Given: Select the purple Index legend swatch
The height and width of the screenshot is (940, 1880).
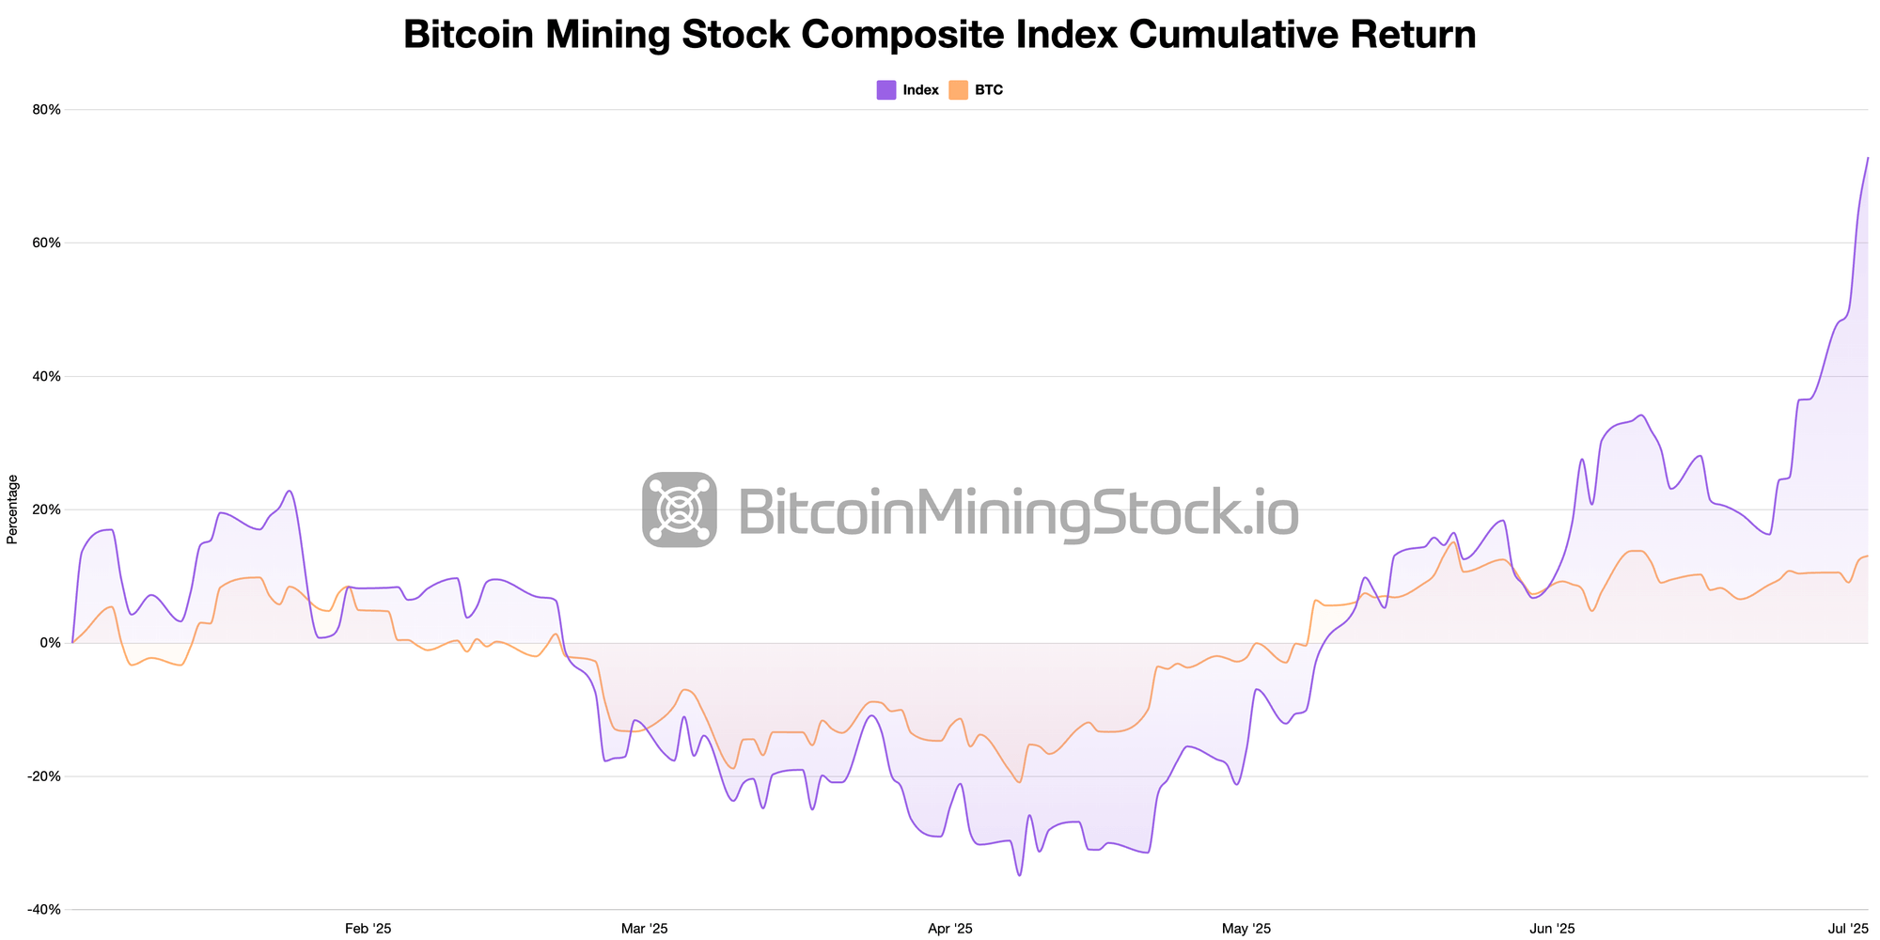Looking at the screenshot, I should point(885,90).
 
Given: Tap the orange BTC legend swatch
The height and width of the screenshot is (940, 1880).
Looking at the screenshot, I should point(958,90).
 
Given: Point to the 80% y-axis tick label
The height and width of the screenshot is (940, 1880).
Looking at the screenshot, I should point(47,110).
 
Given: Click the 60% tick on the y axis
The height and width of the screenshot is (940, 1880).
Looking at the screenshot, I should point(47,243).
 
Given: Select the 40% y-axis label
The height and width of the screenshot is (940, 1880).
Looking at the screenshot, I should point(47,376).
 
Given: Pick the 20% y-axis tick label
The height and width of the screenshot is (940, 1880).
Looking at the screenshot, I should point(47,509).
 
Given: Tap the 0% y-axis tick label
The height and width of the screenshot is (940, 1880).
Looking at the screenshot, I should point(51,643).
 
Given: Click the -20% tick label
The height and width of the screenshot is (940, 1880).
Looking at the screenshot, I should point(45,776).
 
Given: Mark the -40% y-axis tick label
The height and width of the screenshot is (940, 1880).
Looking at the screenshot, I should point(45,910).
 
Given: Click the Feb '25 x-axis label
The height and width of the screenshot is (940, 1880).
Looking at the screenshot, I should point(368,929).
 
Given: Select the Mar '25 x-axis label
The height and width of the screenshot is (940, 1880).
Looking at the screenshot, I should point(645,929).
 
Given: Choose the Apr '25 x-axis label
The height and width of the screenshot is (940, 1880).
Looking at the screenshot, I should point(950,929).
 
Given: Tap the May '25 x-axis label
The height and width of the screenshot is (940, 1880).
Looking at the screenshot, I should point(1246,929).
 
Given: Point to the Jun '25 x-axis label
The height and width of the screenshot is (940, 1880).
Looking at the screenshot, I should point(1553,929).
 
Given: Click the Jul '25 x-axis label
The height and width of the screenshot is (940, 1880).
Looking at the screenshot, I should point(1848,929).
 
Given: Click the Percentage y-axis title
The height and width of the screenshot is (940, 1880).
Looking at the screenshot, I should point(12,509).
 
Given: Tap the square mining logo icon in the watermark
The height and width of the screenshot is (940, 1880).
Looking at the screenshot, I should point(680,509).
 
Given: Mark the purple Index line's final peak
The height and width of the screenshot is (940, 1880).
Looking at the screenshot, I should point(1867,158).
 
